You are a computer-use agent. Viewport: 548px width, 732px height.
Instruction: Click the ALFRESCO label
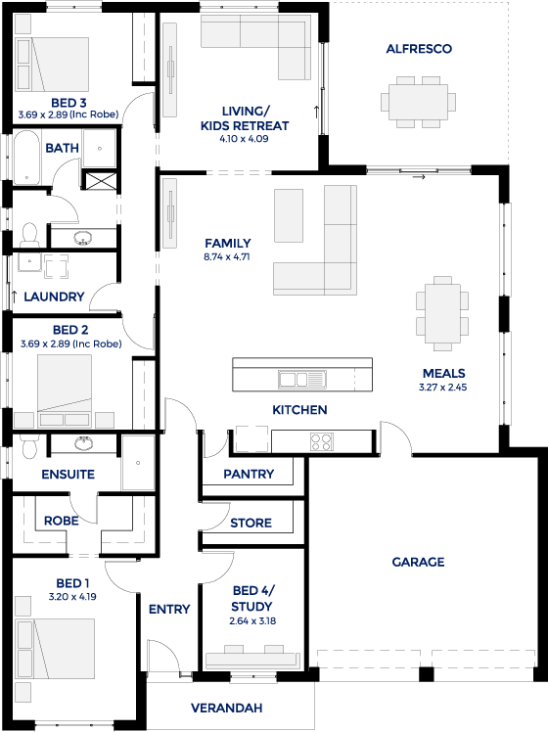pos(419,49)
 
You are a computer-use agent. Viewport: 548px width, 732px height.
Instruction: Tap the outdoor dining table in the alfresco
pos(418,102)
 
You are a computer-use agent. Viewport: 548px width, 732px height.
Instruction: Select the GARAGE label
pos(418,562)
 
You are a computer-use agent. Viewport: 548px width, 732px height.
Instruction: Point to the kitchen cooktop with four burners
pos(322,441)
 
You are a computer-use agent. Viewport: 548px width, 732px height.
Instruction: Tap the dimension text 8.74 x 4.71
pos(227,256)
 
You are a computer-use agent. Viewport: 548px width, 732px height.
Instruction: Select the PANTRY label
pos(249,474)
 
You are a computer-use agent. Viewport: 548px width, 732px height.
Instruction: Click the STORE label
pos(251,523)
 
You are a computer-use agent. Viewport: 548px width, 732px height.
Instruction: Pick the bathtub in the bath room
pos(27,158)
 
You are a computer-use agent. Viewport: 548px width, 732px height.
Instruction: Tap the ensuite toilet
pos(29,446)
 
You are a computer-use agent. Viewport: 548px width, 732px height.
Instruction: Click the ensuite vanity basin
pos(83,443)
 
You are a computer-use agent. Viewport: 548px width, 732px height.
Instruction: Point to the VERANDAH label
pos(226,708)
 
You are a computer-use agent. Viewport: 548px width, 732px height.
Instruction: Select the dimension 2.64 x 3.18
pos(252,620)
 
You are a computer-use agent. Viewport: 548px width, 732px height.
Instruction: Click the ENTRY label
pos(169,609)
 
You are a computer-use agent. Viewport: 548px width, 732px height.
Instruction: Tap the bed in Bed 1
pos(55,649)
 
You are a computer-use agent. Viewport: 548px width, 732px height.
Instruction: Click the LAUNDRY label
pos(54,297)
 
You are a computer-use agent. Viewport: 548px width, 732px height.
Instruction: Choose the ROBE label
pos(61,521)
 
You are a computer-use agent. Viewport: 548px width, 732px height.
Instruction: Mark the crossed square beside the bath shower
pos(100,180)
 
